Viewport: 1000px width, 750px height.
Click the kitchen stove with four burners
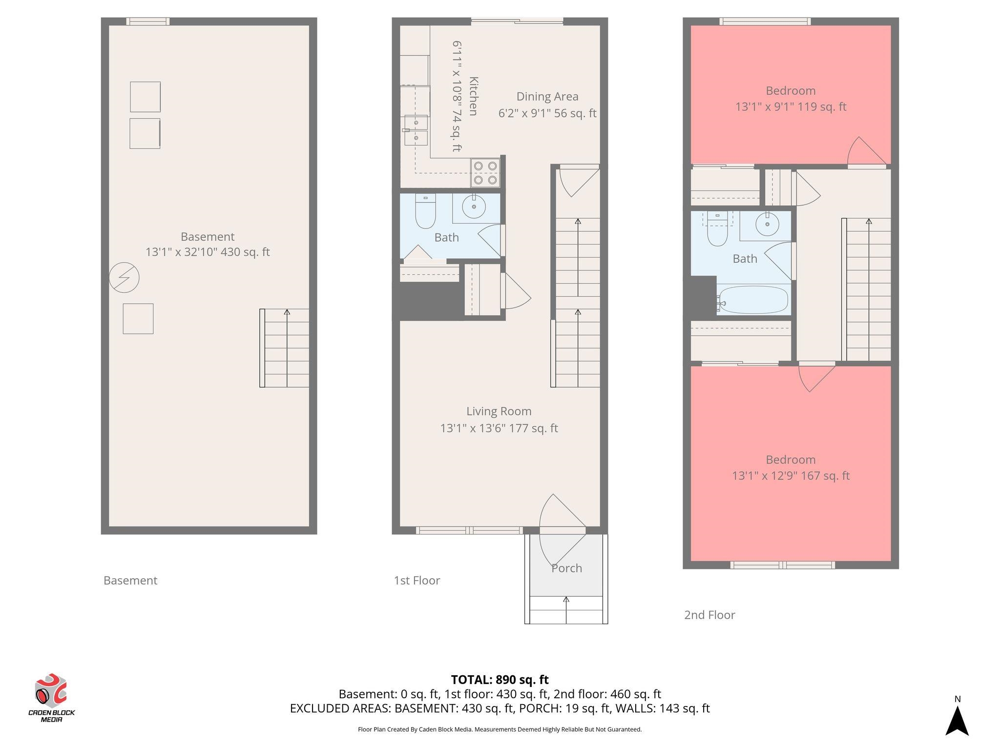click(x=485, y=173)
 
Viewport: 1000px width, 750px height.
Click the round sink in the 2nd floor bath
click(x=767, y=224)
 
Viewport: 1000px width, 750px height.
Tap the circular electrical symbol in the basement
click(x=124, y=278)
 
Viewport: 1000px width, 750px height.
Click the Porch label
click(x=566, y=568)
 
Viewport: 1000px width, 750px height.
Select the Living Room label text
click(x=499, y=411)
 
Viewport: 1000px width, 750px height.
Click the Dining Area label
click(x=547, y=97)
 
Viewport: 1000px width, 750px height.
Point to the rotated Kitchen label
click(x=473, y=96)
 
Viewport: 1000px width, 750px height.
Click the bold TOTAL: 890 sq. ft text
click(x=500, y=680)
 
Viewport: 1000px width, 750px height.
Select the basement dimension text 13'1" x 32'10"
click(x=184, y=252)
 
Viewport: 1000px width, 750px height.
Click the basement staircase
click(x=284, y=348)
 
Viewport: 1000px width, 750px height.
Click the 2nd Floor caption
click(x=709, y=615)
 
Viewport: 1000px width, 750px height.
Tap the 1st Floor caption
click(x=417, y=581)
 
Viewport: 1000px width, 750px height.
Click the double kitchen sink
click(x=416, y=130)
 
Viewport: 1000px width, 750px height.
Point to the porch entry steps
click(x=566, y=610)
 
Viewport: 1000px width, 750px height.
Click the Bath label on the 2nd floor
click(x=745, y=259)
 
